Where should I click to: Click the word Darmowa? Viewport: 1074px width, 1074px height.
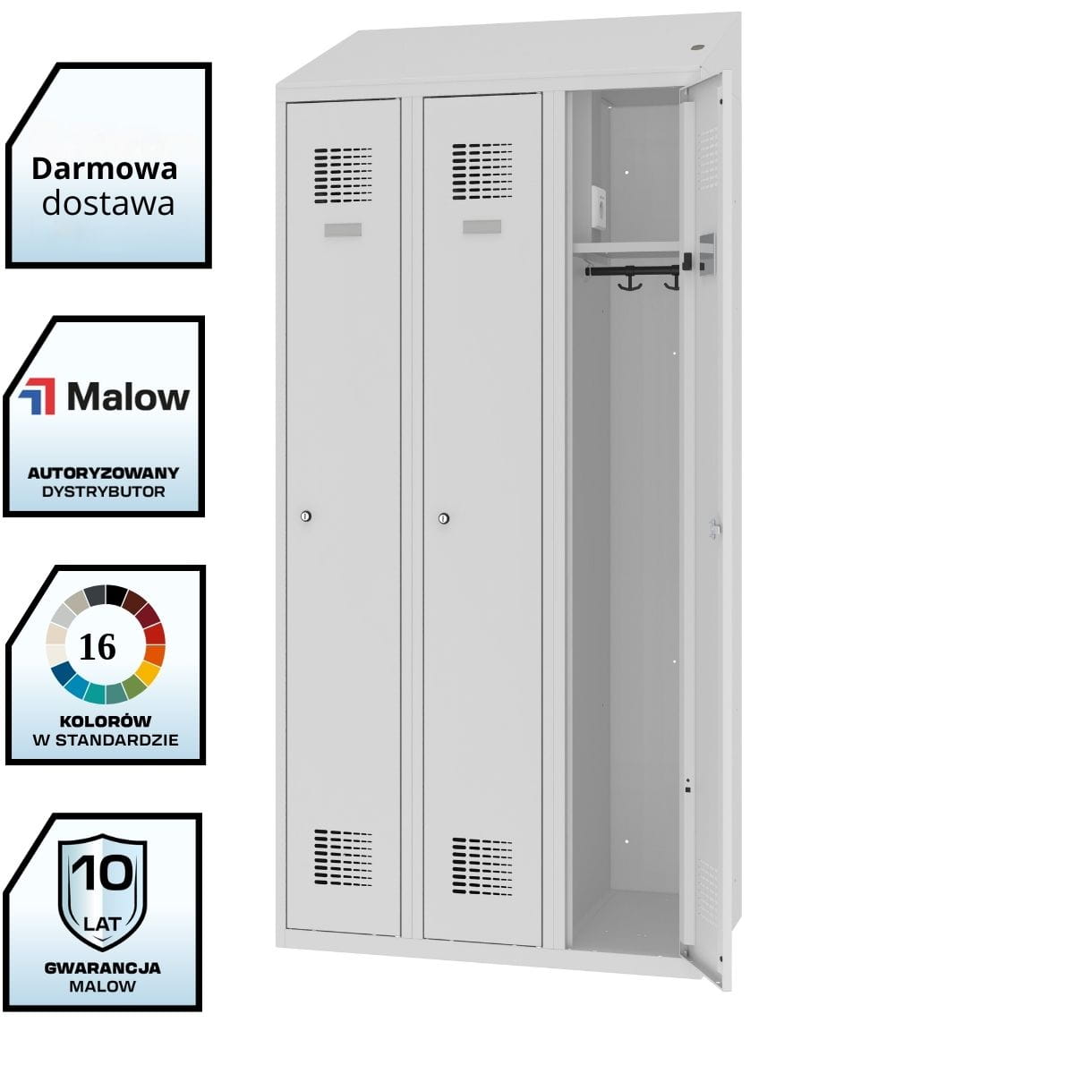coord(105,167)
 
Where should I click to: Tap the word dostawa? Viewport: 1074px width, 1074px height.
coord(108,203)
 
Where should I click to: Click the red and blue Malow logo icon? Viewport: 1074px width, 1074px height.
coord(38,396)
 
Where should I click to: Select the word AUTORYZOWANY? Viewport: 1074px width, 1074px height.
coord(103,473)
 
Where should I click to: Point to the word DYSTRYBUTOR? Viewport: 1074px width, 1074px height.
coord(103,491)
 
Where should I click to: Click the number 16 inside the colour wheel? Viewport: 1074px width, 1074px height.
coord(98,646)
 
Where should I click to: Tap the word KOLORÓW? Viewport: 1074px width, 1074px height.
coord(106,720)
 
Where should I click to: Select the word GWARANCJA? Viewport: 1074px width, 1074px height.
coord(103,967)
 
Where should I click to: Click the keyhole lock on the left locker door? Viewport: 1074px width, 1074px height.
coord(306,516)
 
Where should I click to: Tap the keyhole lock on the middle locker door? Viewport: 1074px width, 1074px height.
coord(444,518)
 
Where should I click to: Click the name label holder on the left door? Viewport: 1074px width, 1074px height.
coord(343,230)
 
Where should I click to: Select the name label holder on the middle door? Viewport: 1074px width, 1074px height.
coord(482,226)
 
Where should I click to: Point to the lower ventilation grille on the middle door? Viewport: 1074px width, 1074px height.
coord(482,865)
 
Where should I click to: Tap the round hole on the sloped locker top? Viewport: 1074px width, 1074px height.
coord(698,47)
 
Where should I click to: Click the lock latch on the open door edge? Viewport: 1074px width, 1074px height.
coord(714,529)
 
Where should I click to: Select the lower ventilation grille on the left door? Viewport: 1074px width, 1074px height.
coord(343,857)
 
